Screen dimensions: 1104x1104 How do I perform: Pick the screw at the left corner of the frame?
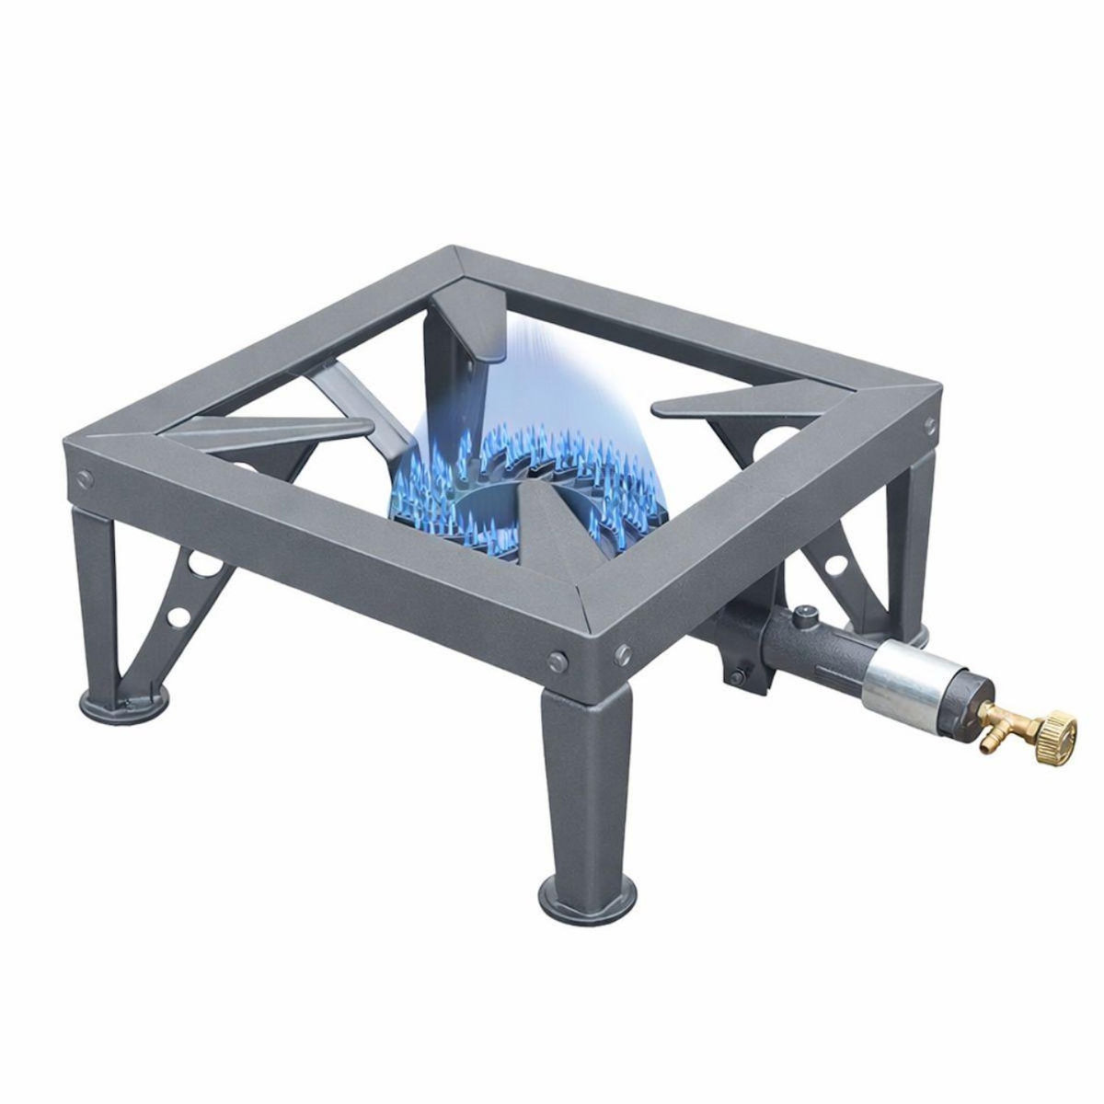tap(85, 477)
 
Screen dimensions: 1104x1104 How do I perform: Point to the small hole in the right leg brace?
tap(839, 566)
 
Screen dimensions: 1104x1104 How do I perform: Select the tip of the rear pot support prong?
tap(485, 357)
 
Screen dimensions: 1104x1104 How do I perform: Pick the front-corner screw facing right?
tap(623, 651)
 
